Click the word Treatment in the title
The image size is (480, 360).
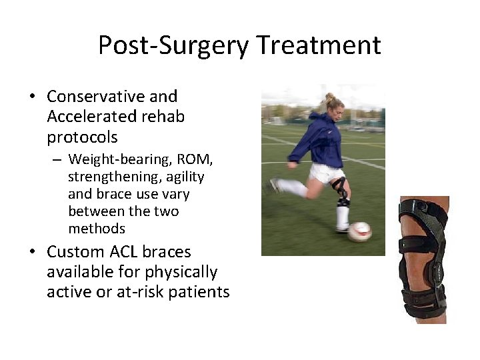point(319,46)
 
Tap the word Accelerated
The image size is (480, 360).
point(89,117)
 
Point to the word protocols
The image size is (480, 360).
point(82,138)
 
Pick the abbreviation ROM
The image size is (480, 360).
point(191,159)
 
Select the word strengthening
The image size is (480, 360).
point(111,177)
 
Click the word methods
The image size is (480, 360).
point(96,229)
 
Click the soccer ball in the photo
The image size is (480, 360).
point(359,231)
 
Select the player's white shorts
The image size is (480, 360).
point(327,173)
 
